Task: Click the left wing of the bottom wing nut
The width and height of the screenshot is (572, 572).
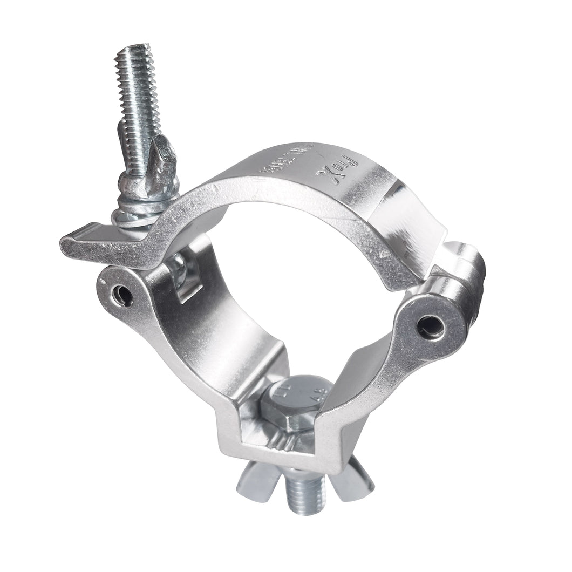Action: click(257, 482)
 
